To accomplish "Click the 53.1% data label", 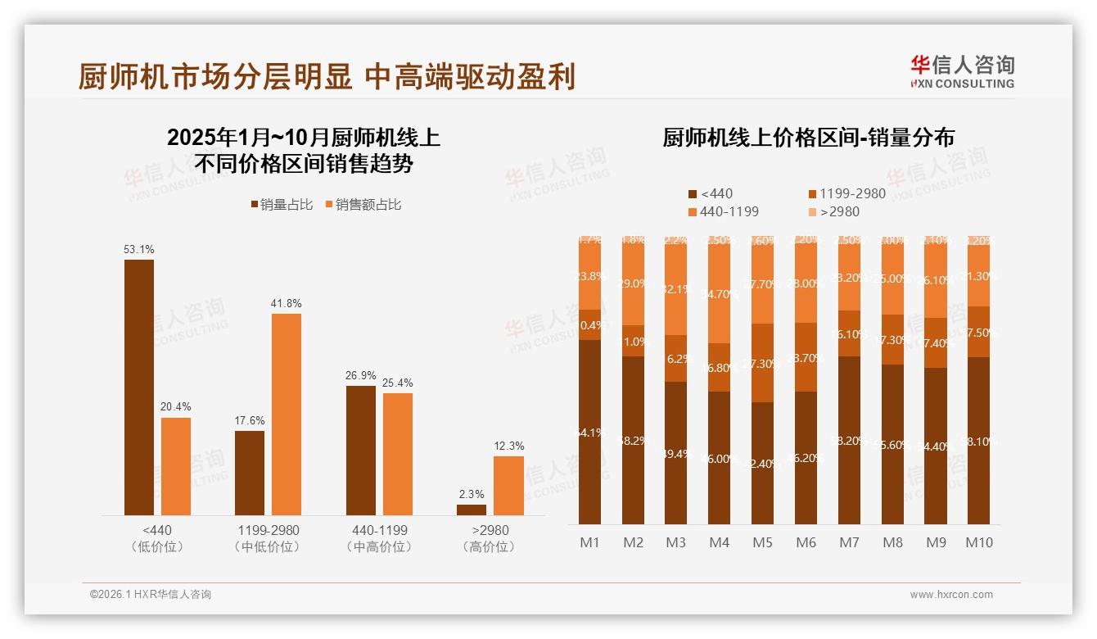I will point(139,249).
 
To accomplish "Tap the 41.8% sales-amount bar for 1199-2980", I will point(287,414).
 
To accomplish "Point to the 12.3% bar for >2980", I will point(508,485).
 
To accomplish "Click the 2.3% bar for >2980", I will point(472,510).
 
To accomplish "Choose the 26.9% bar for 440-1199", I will point(361,450).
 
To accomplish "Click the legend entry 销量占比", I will point(282,205).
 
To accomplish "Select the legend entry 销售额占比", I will point(363,205).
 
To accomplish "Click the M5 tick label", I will point(762,542).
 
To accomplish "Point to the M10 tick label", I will point(979,542).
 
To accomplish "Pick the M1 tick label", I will point(590,542).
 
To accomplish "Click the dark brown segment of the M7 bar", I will point(849,440).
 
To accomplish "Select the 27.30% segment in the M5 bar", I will point(762,363).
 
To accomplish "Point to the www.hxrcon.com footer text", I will point(951,595).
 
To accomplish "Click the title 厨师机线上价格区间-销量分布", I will point(808,138).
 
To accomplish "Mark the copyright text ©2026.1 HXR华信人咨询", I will point(151,595).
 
